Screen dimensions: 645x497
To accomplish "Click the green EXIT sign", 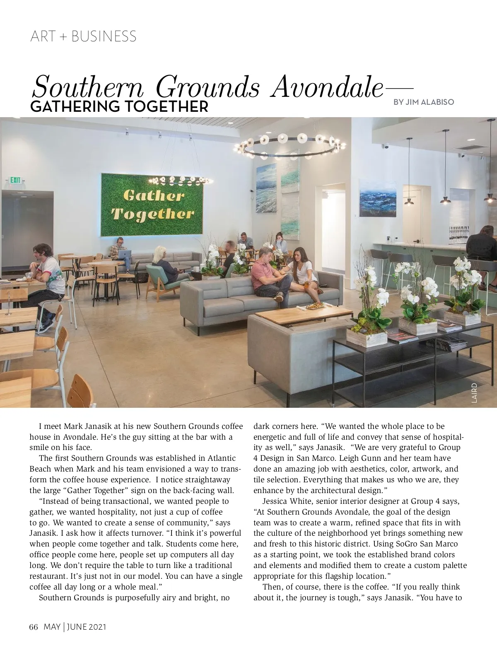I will (x=15, y=180).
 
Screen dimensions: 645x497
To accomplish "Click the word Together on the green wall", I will (x=153, y=214).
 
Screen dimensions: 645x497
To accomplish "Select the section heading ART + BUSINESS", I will (x=83, y=36).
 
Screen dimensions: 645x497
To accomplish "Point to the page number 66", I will (x=34, y=627).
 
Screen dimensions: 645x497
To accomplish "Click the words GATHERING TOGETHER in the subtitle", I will (x=119, y=106).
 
